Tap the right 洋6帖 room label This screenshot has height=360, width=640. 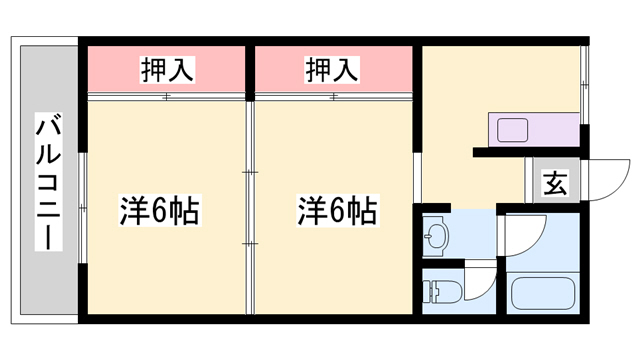337,211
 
